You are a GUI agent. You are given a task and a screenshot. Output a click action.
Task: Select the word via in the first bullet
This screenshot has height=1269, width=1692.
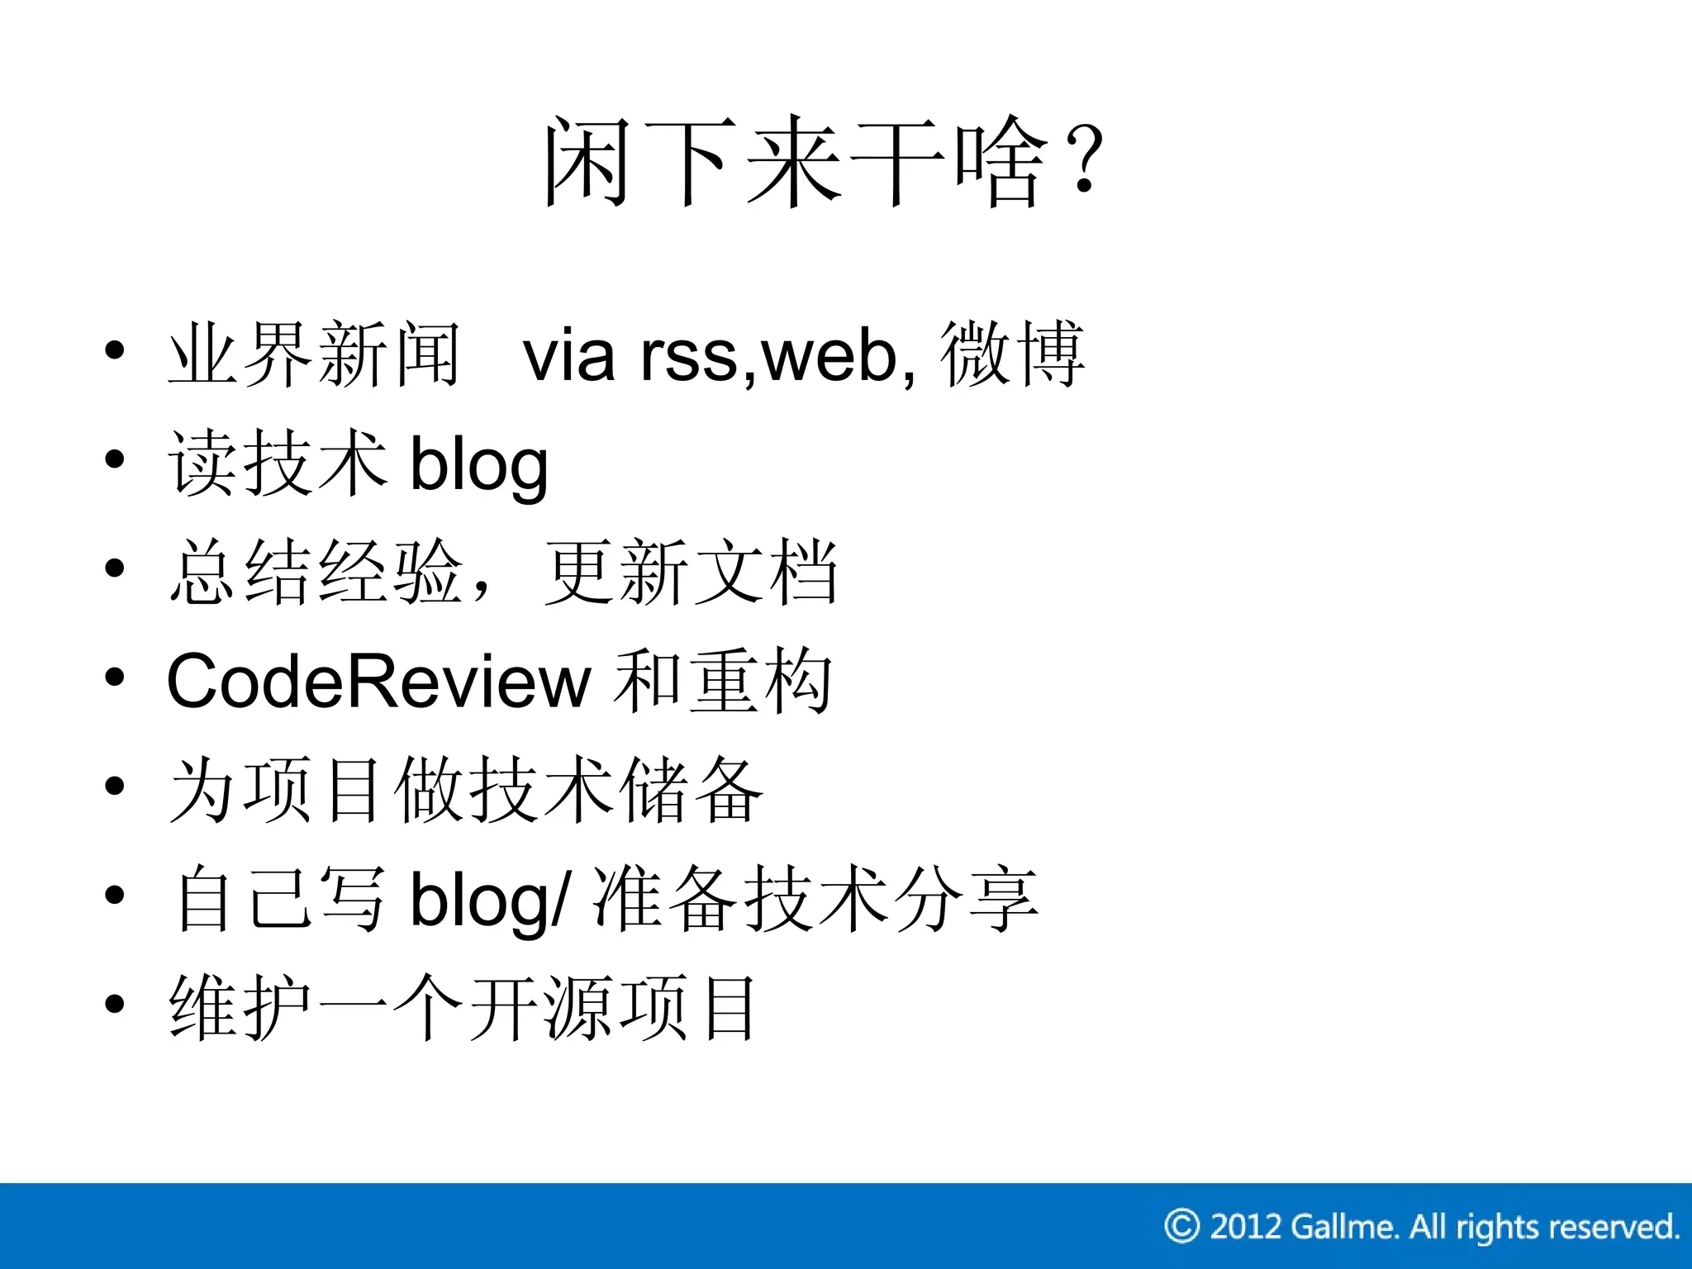pos(569,356)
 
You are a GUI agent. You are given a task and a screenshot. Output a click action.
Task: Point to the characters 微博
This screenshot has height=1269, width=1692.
pos(1012,354)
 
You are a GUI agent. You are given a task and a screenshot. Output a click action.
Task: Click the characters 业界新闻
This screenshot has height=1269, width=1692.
pos(314,354)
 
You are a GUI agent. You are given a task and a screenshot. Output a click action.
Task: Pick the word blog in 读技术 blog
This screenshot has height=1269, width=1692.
pos(479,465)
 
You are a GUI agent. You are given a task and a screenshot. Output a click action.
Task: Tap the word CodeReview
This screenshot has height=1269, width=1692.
pos(378,682)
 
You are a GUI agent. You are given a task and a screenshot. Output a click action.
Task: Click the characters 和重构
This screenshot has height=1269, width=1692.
pos(724,682)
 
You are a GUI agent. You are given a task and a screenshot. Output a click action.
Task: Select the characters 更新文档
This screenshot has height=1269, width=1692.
pos(691,573)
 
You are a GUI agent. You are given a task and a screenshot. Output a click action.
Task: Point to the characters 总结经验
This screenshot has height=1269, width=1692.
pos(314,573)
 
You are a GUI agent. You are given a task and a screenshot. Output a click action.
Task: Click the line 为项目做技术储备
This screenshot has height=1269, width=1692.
pos(466,791)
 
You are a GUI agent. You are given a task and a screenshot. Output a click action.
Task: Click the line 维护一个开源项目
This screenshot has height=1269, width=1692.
pos(463,1009)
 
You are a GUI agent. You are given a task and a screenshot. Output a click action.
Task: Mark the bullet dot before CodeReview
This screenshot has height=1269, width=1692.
pos(115,677)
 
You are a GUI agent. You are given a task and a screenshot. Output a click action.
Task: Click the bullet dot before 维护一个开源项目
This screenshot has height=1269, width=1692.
pos(115,1004)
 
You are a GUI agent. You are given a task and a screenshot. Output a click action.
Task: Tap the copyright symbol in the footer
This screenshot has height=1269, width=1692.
pos(1181,1226)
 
